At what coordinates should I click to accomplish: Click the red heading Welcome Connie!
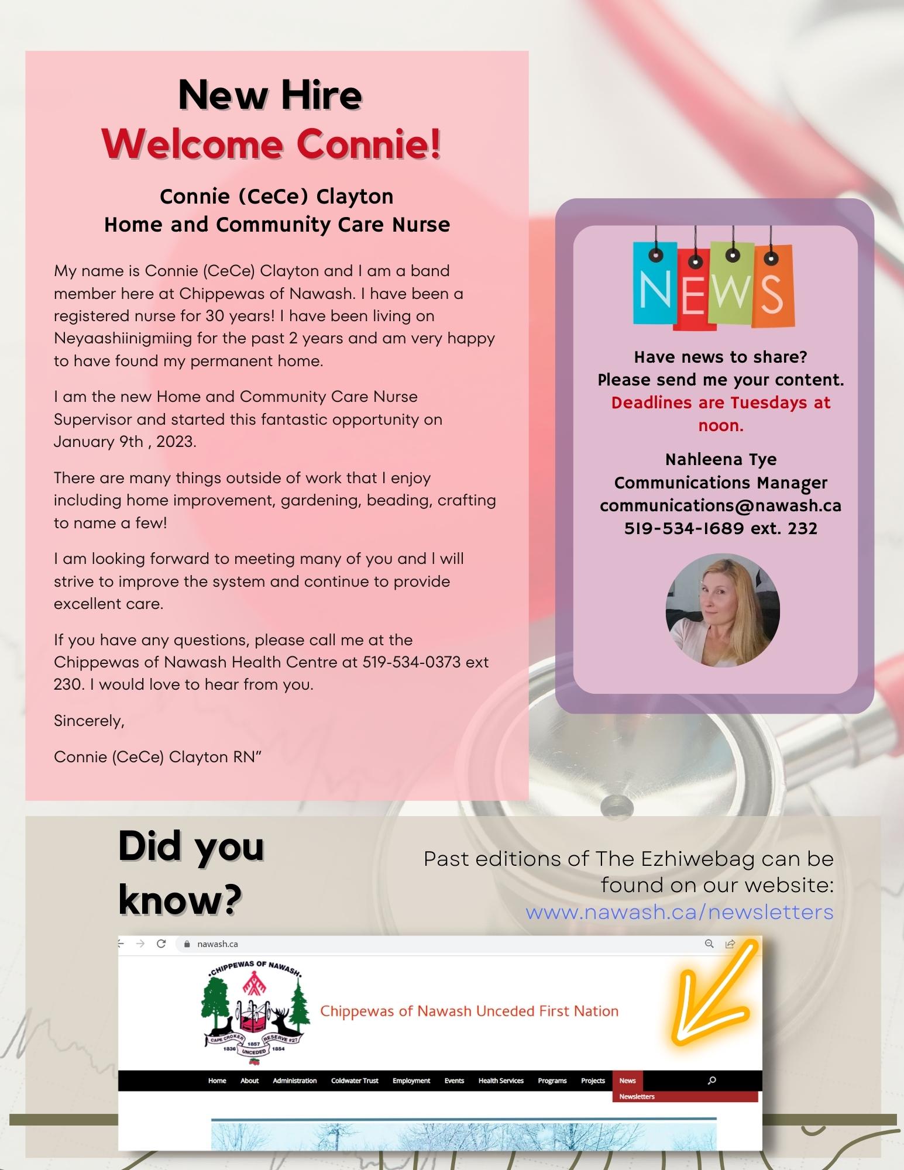pos(271,144)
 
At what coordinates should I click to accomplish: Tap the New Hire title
pos(270,95)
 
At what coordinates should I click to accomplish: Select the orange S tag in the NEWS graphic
pos(774,287)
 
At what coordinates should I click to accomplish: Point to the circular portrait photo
pos(722,610)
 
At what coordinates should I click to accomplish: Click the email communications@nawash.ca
pos(720,505)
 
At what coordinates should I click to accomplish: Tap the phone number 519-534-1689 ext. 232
pos(720,528)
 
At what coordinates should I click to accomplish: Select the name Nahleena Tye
pos(720,459)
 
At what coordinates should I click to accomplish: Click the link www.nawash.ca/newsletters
pos(679,912)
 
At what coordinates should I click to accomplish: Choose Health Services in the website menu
pos(501,1080)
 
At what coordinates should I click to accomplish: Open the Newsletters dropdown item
pos(637,1096)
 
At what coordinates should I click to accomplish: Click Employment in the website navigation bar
pos(411,1080)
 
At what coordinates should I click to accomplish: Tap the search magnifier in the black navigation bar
pos(711,1080)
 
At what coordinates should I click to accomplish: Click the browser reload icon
pos(161,944)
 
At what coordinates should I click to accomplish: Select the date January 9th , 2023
pos(125,442)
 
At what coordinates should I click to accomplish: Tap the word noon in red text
pos(720,425)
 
